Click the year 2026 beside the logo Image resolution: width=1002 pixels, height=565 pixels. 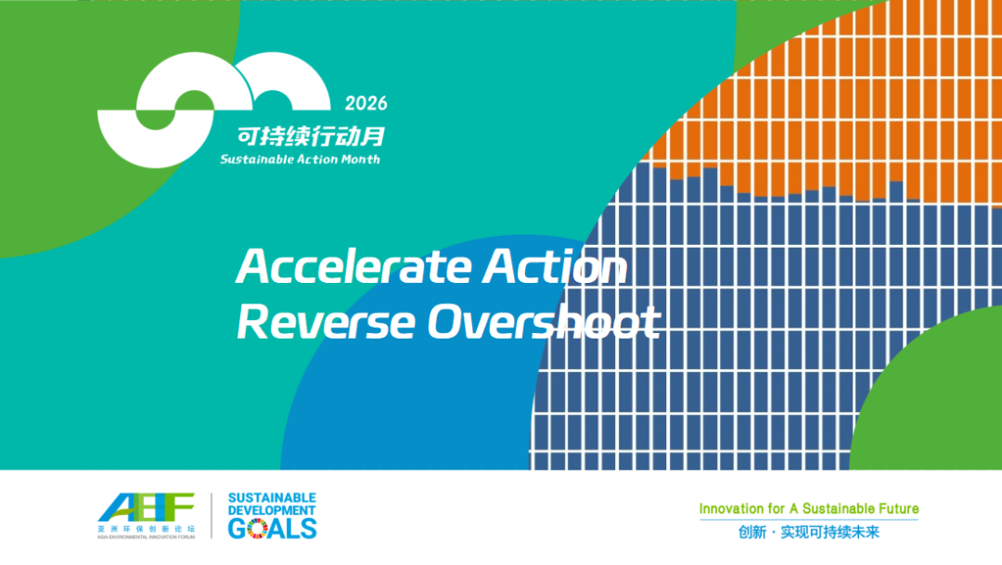(x=366, y=104)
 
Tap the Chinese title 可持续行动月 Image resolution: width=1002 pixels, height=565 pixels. (x=311, y=136)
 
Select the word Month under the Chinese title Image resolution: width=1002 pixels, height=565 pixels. (x=360, y=160)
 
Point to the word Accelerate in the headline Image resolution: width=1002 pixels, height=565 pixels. (x=354, y=266)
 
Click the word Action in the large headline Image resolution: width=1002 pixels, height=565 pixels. (x=555, y=266)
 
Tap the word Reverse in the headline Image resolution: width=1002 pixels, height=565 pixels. (x=326, y=322)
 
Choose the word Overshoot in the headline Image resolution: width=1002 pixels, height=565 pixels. (x=543, y=322)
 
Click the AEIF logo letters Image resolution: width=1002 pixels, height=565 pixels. (x=147, y=507)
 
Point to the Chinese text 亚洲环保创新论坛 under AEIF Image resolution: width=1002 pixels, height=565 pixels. (x=147, y=529)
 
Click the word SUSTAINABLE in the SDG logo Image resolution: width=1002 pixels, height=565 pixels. (x=272, y=498)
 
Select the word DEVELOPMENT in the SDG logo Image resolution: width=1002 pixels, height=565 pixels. (x=272, y=510)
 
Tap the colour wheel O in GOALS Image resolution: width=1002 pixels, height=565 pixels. (x=258, y=529)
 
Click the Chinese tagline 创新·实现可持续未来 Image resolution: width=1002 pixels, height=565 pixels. (x=809, y=532)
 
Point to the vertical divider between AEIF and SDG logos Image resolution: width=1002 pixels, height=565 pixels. (x=212, y=515)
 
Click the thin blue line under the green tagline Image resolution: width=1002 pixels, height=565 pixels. (x=809, y=520)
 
